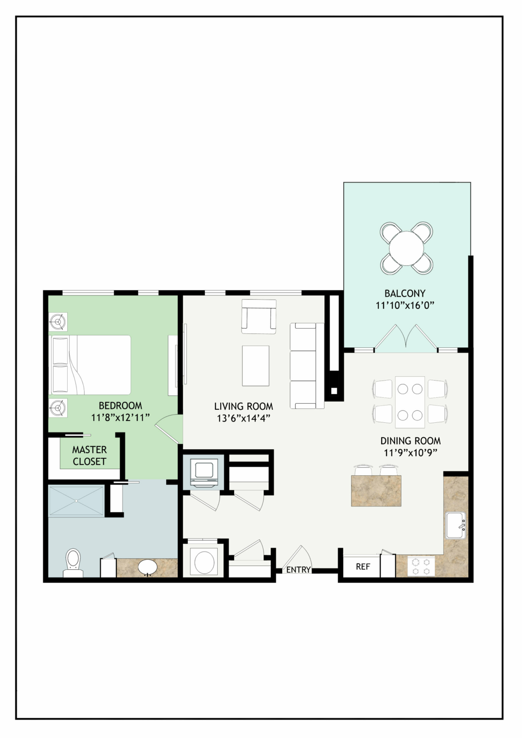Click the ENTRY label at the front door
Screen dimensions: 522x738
point(298,570)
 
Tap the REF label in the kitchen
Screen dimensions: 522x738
point(363,566)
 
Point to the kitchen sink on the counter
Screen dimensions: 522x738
point(456,525)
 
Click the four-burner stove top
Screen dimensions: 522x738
point(421,566)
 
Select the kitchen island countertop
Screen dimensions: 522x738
point(376,491)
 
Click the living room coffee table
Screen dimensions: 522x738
point(255,366)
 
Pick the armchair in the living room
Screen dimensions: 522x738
point(259,316)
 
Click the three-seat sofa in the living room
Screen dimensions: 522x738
point(307,366)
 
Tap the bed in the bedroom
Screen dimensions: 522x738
point(90,365)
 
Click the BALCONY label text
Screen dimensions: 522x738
point(405,293)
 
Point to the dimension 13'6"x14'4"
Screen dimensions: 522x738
point(244,418)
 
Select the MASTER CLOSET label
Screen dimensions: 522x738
point(89,455)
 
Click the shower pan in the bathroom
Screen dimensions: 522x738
point(76,501)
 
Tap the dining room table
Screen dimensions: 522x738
point(410,402)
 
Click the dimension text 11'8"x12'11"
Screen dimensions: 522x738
point(120,418)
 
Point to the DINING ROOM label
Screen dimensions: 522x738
point(410,441)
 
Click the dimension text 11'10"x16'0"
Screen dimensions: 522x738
point(405,306)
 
